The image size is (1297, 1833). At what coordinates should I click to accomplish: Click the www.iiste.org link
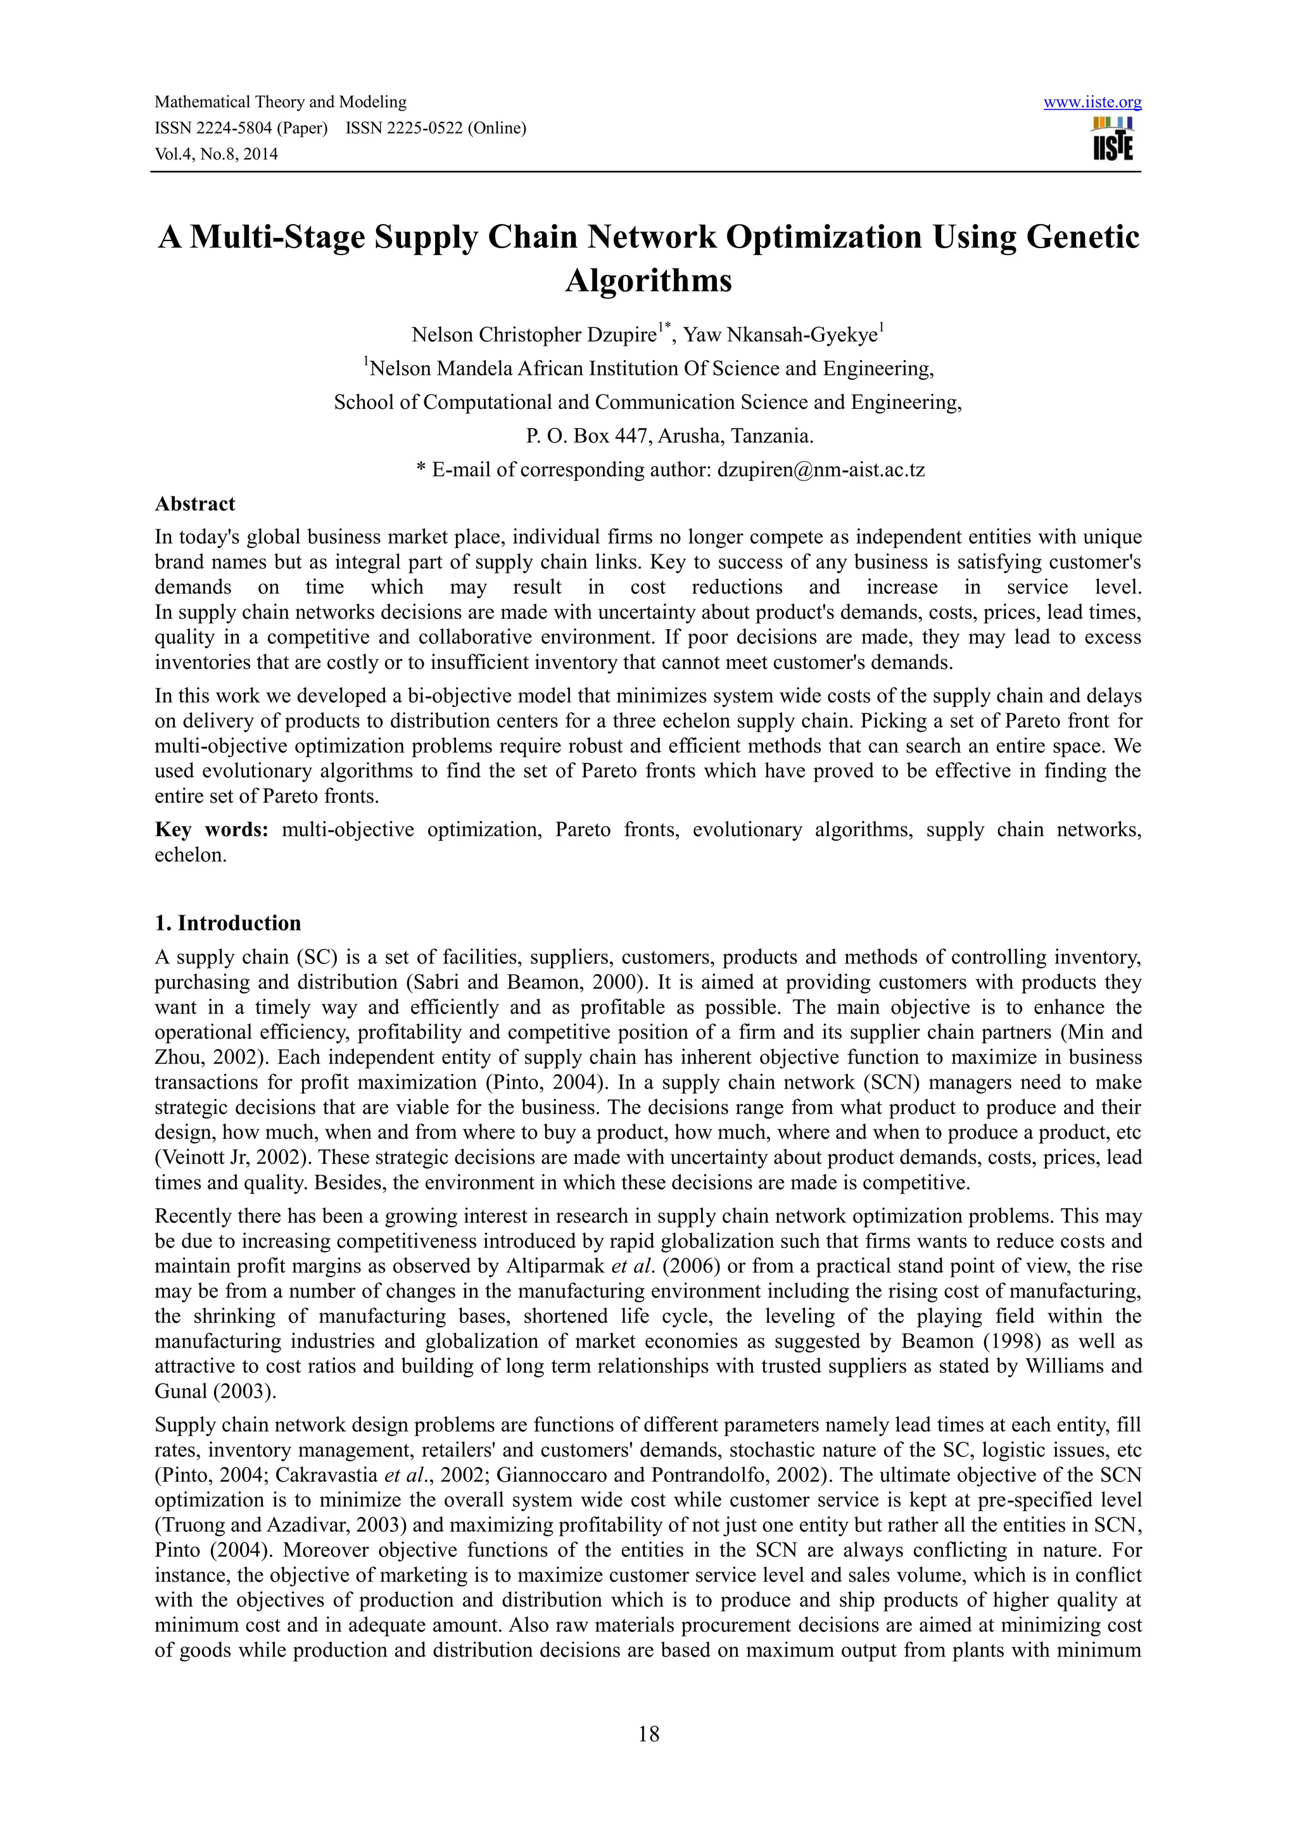pos(1092,102)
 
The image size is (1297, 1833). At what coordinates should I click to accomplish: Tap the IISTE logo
pos(1113,140)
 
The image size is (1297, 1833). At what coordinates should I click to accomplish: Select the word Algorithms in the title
pos(648,281)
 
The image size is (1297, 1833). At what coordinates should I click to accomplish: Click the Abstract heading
pos(195,504)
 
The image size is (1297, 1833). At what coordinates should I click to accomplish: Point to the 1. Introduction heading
pos(227,923)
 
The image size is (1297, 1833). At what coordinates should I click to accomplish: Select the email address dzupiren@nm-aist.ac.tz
pos(821,470)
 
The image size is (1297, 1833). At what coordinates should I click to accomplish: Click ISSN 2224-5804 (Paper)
pos(241,128)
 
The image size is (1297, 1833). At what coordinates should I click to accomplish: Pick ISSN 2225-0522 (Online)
pos(436,128)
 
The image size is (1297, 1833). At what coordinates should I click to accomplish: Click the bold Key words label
pos(212,830)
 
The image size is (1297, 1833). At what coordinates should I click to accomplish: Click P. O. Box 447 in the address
pos(585,436)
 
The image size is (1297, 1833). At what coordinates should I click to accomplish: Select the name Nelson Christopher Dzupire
pos(533,335)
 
